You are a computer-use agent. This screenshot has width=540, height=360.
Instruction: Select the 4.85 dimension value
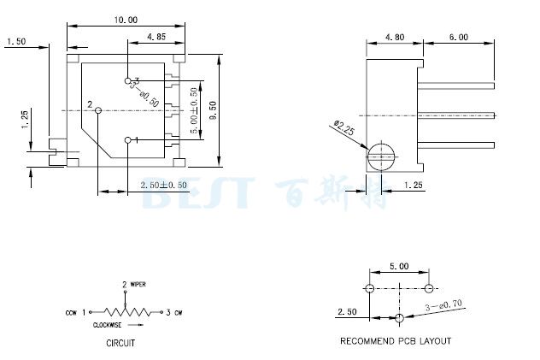click(156, 37)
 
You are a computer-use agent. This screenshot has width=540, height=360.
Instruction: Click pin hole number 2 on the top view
click(99, 110)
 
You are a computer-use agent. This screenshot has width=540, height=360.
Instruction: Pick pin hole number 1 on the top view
click(128, 140)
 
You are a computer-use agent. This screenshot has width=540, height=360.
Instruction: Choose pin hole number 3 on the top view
click(126, 80)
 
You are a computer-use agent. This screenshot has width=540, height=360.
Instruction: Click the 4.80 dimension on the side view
click(395, 37)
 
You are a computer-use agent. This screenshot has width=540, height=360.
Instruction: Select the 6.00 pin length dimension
click(458, 37)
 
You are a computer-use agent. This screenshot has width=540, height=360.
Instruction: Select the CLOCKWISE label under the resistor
click(109, 325)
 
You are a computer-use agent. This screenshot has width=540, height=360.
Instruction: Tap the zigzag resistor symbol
click(125, 312)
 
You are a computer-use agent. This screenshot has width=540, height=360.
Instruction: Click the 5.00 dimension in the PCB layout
click(398, 266)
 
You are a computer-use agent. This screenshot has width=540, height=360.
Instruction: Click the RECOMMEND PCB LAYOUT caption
click(396, 341)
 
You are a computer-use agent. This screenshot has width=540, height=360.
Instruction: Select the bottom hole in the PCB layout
click(399, 318)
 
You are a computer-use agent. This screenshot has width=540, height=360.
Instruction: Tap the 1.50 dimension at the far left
click(16, 40)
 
